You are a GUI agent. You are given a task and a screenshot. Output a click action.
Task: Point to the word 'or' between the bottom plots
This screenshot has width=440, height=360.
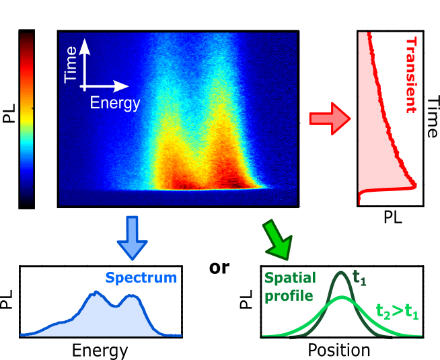[x=219, y=266]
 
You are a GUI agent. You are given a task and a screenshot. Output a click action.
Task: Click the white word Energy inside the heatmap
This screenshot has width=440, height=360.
[x=116, y=103]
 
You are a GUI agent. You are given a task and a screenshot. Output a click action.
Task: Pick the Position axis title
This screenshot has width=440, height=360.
[x=339, y=350]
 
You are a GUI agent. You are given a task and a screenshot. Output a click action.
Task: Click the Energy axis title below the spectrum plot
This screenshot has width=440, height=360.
[x=100, y=350]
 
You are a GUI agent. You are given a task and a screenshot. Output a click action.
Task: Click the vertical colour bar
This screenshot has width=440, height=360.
[x=27, y=119]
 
